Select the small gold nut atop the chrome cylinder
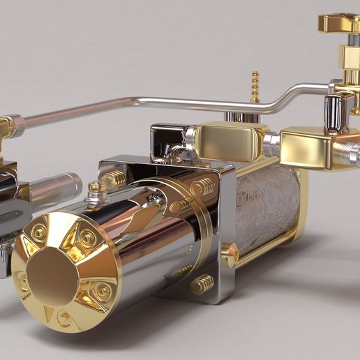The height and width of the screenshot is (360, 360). click(97, 188)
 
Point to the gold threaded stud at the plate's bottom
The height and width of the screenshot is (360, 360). click(202, 283)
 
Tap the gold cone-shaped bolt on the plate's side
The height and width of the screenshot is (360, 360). click(230, 254)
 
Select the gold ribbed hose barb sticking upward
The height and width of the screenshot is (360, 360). click(255, 87)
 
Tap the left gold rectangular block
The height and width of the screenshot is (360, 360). click(227, 142)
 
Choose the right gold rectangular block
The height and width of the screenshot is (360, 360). click(310, 147)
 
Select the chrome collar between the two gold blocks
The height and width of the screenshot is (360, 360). click(272, 144)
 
